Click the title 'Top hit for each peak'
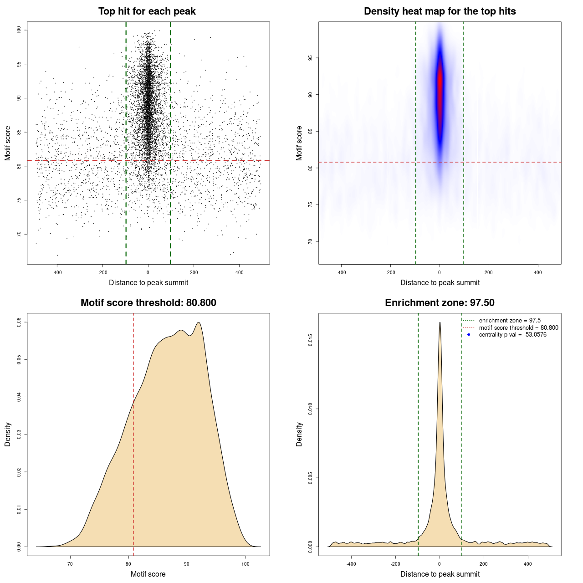[147, 11]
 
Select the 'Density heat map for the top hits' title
[440, 11]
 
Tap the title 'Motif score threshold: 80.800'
[148, 303]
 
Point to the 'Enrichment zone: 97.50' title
[440, 303]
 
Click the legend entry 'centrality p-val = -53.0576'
[512, 335]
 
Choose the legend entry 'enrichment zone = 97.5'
[510, 321]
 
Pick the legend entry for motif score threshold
[518, 328]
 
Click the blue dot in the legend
[469, 335]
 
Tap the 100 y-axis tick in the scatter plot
[19, 30]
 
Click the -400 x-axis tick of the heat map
[341, 272]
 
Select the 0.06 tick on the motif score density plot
[19, 322]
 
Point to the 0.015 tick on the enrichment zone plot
[311, 340]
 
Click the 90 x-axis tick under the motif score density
[187, 564]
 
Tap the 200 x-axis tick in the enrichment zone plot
[484, 564]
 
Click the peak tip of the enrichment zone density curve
[440, 322]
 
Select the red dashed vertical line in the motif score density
[133, 433]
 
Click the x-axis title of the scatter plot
[148, 283]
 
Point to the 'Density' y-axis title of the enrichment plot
[299, 434]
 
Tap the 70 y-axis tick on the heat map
[311, 241]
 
